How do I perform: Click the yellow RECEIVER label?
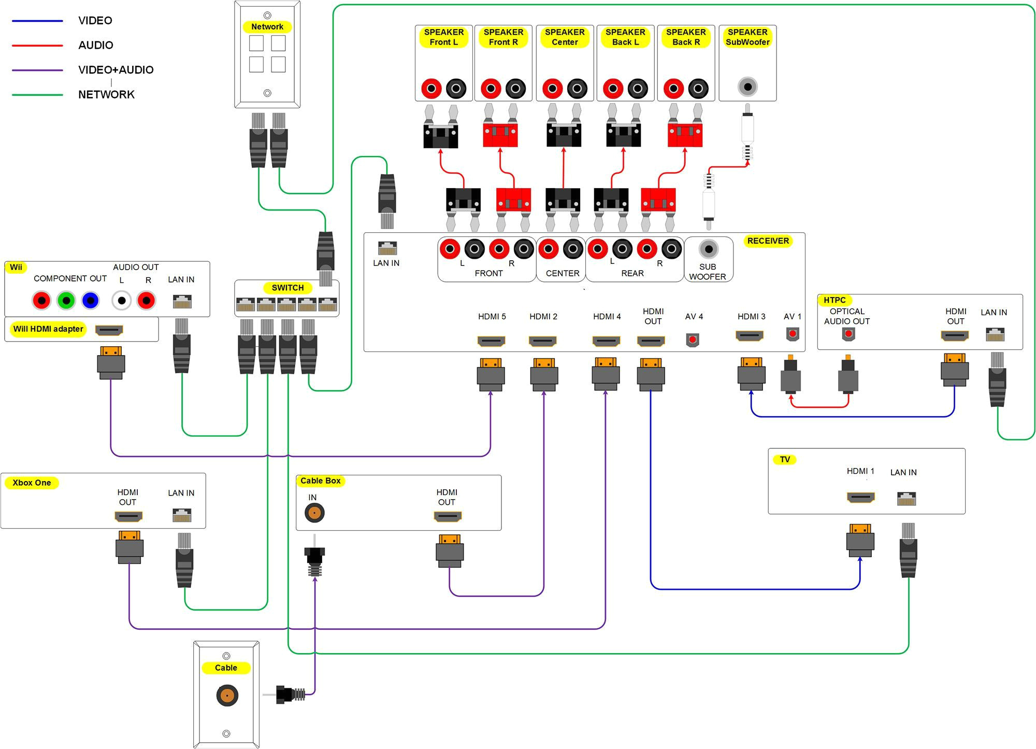click(768, 241)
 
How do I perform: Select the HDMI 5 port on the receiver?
click(491, 341)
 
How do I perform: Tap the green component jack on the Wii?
click(66, 301)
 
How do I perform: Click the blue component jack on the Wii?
click(90, 301)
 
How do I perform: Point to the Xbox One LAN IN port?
click(182, 515)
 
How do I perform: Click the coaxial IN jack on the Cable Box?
click(314, 513)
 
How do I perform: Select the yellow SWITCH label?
click(287, 288)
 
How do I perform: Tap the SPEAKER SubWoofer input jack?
click(747, 87)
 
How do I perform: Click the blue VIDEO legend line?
click(37, 21)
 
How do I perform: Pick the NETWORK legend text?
click(106, 94)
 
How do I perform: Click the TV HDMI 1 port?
click(860, 498)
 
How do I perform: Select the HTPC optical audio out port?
click(848, 334)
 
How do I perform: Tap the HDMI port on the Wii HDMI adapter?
click(109, 330)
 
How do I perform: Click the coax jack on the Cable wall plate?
click(227, 695)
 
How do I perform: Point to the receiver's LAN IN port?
click(387, 248)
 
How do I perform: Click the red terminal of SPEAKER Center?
click(552, 89)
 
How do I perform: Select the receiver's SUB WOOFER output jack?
click(708, 249)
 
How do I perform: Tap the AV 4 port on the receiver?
click(693, 340)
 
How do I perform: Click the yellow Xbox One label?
click(32, 483)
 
